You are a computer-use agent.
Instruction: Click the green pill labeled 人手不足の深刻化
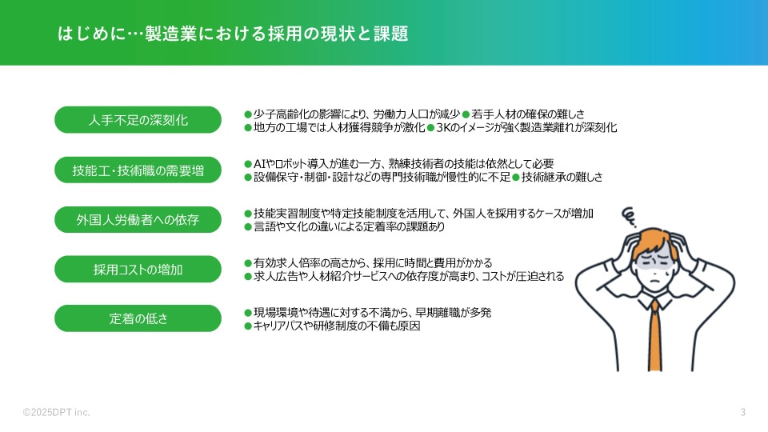pyautogui.click(x=138, y=119)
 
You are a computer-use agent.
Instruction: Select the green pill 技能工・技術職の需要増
pyautogui.click(x=138, y=170)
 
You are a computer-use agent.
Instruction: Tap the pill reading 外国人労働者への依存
pyautogui.click(x=138, y=219)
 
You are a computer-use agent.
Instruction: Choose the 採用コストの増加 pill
pyautogui.click(x=138, y=269)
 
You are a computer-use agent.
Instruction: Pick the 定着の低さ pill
pyautogui.click(x=138, y=318)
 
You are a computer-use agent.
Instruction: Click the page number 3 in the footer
pyautogui.click(x=742, y=413)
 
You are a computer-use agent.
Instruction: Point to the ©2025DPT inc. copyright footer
pyautogui.click(x=56, y=413)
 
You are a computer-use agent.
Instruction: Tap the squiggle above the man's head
pyautogui.click(x=630, y=217)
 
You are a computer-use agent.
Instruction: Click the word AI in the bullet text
pyautogui.click(x=259, y=163)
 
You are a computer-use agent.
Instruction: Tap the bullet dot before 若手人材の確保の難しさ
pyautogui.click(x=466, y=114)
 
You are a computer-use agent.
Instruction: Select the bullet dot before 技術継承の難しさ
pyautogui.click(x=516, y=178)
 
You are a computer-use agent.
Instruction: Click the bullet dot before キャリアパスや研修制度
pyautogui.click(x=248, y=326)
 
